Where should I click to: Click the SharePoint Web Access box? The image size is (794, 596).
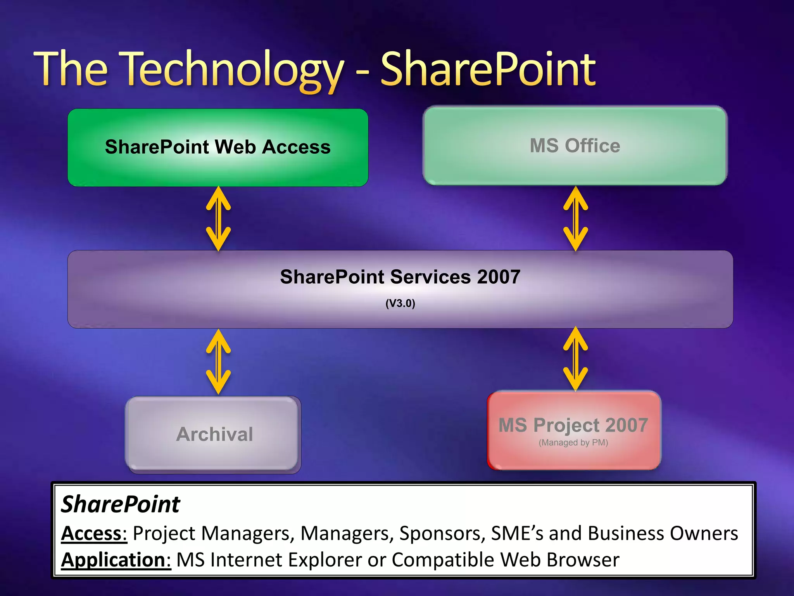(218, 147)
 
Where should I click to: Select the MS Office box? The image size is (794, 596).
(575, 146)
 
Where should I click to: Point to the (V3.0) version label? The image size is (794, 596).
(400, 303)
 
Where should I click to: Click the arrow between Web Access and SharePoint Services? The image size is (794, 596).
(218, 218)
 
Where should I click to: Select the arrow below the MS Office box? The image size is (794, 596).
(575, 218)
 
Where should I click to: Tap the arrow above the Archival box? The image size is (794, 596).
(218, 362)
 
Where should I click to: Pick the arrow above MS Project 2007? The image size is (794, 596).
(575, 359)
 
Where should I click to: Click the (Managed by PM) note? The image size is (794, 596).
(573, 443)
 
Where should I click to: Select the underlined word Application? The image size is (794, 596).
(116, 560)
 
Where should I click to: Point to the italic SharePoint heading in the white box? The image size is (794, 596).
(121, 504)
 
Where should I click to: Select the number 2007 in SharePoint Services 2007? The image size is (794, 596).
(499, 277)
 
